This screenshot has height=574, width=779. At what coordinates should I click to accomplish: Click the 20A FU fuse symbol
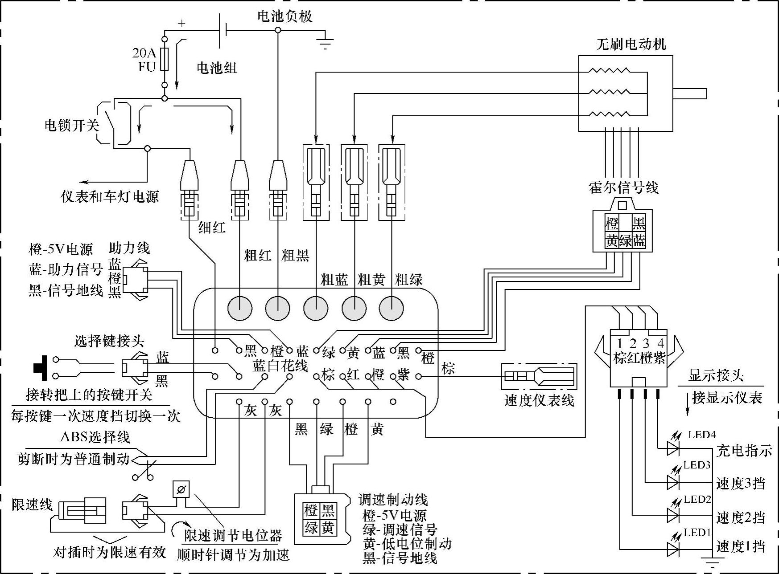[165, 60]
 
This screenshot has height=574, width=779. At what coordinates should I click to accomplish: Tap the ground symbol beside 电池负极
[325, 41]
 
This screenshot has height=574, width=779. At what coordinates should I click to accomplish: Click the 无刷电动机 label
[631, 44]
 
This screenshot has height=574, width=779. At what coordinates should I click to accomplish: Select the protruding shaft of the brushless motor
[689, 94]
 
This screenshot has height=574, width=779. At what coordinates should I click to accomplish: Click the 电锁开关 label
[71, 125]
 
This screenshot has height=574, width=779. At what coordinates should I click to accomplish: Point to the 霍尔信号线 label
[623, 187]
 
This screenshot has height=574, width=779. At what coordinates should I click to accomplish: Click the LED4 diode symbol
[673, 448]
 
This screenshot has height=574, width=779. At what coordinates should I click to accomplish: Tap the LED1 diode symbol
[673, 550]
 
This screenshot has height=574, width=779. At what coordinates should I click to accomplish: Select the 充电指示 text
[744, 451]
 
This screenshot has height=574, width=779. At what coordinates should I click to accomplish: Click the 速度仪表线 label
[539, 400]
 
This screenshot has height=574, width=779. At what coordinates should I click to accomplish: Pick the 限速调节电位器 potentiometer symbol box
[181, 490]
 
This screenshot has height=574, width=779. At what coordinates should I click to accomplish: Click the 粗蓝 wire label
[334, 280]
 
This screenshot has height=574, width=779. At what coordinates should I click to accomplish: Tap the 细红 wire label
[212, 228]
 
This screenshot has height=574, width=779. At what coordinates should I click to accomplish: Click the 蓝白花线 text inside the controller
[280, 366]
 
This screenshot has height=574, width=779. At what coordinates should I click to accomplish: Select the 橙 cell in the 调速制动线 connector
[311, 510]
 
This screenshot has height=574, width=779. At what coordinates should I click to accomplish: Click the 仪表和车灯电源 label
[110, 196]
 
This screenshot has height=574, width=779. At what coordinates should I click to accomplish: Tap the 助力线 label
[129, 248]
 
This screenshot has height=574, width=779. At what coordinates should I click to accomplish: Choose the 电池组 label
[217, 68]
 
